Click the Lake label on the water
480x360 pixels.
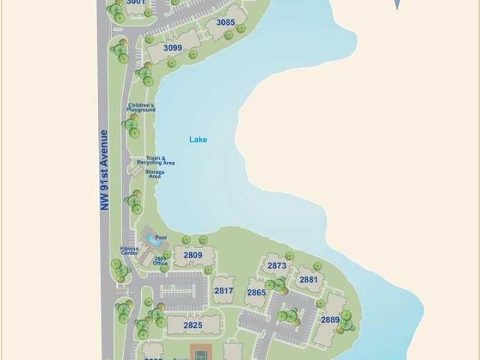coord(198,139)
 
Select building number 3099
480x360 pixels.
coord(172,48)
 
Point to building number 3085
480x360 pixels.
coord(225,22)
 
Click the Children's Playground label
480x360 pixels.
coord(141,107)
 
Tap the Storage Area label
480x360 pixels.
coord(154,173)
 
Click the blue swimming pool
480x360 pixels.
coord(154,241)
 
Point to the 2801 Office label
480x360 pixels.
coord(160,260)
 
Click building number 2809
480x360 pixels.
coord(193,256)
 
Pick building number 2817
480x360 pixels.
coord(223,291)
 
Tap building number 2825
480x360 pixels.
coord(193,325)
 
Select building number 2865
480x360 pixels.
coord(256,292)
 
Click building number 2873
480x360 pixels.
coord(277,265)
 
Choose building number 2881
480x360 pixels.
coord(308,280)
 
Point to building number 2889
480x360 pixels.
coord(331,319)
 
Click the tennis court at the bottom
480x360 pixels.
coord(200,352)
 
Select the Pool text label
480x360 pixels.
coord(161,238)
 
